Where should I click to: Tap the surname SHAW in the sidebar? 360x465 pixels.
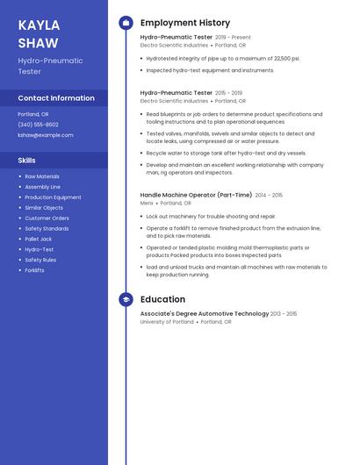pos(39,43)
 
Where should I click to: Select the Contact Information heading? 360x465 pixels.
pos(56,98)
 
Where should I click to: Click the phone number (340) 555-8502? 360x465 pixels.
pos(39,125)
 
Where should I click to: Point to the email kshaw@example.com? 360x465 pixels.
pos(46,135)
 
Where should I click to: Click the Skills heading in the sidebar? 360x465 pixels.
pos(27,161)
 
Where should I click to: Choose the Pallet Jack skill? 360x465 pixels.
pos(39,239)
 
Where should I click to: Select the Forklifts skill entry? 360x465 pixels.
pos(35,270)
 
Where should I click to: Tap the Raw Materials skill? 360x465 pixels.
pos(42,176)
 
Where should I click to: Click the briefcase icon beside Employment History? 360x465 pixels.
pos(126,23)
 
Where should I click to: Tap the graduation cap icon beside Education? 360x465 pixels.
pos(126,299)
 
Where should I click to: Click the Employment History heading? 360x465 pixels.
pos(185,23)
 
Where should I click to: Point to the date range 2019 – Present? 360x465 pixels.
pos(233,38)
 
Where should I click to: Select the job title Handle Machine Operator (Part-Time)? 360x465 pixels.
pos(196,195)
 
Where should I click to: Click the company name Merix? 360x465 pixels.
pos(147,203)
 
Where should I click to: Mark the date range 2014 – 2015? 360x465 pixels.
pos(269,195)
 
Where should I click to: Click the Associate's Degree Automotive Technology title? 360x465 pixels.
pos(205,313)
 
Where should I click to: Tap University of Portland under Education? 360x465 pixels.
pos(167,322)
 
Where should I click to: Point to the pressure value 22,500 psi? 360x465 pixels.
pos(285,58)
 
